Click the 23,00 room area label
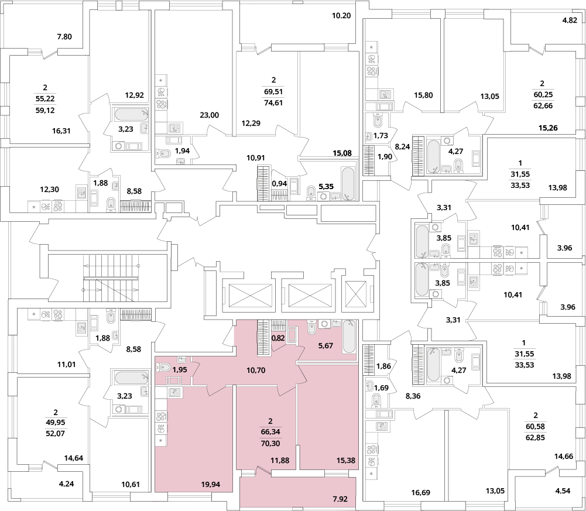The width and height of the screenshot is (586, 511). click(x=210, y=115)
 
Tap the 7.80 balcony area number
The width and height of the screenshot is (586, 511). click(x=64, y=37)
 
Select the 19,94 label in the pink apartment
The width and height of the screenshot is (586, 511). click(x=210, y=485)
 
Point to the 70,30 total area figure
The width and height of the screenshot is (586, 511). click(x=270, y=443)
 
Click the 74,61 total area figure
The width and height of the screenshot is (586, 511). click(x=273, y=102)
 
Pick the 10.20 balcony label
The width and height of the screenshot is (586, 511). click(x=341, y=16)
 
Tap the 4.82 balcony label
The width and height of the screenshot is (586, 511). click(x=570, y=20)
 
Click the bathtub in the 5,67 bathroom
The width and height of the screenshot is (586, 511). click(x=349, y=336)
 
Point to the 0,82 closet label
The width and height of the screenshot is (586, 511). click(x=277, y=338)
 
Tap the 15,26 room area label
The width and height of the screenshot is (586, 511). click(x=548, y=128)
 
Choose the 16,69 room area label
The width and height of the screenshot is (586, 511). click(x=420, y=493)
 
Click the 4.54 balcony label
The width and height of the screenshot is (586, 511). click(x=563, y=491)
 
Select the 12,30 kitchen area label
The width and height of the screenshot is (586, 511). click(x=49, y=190)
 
